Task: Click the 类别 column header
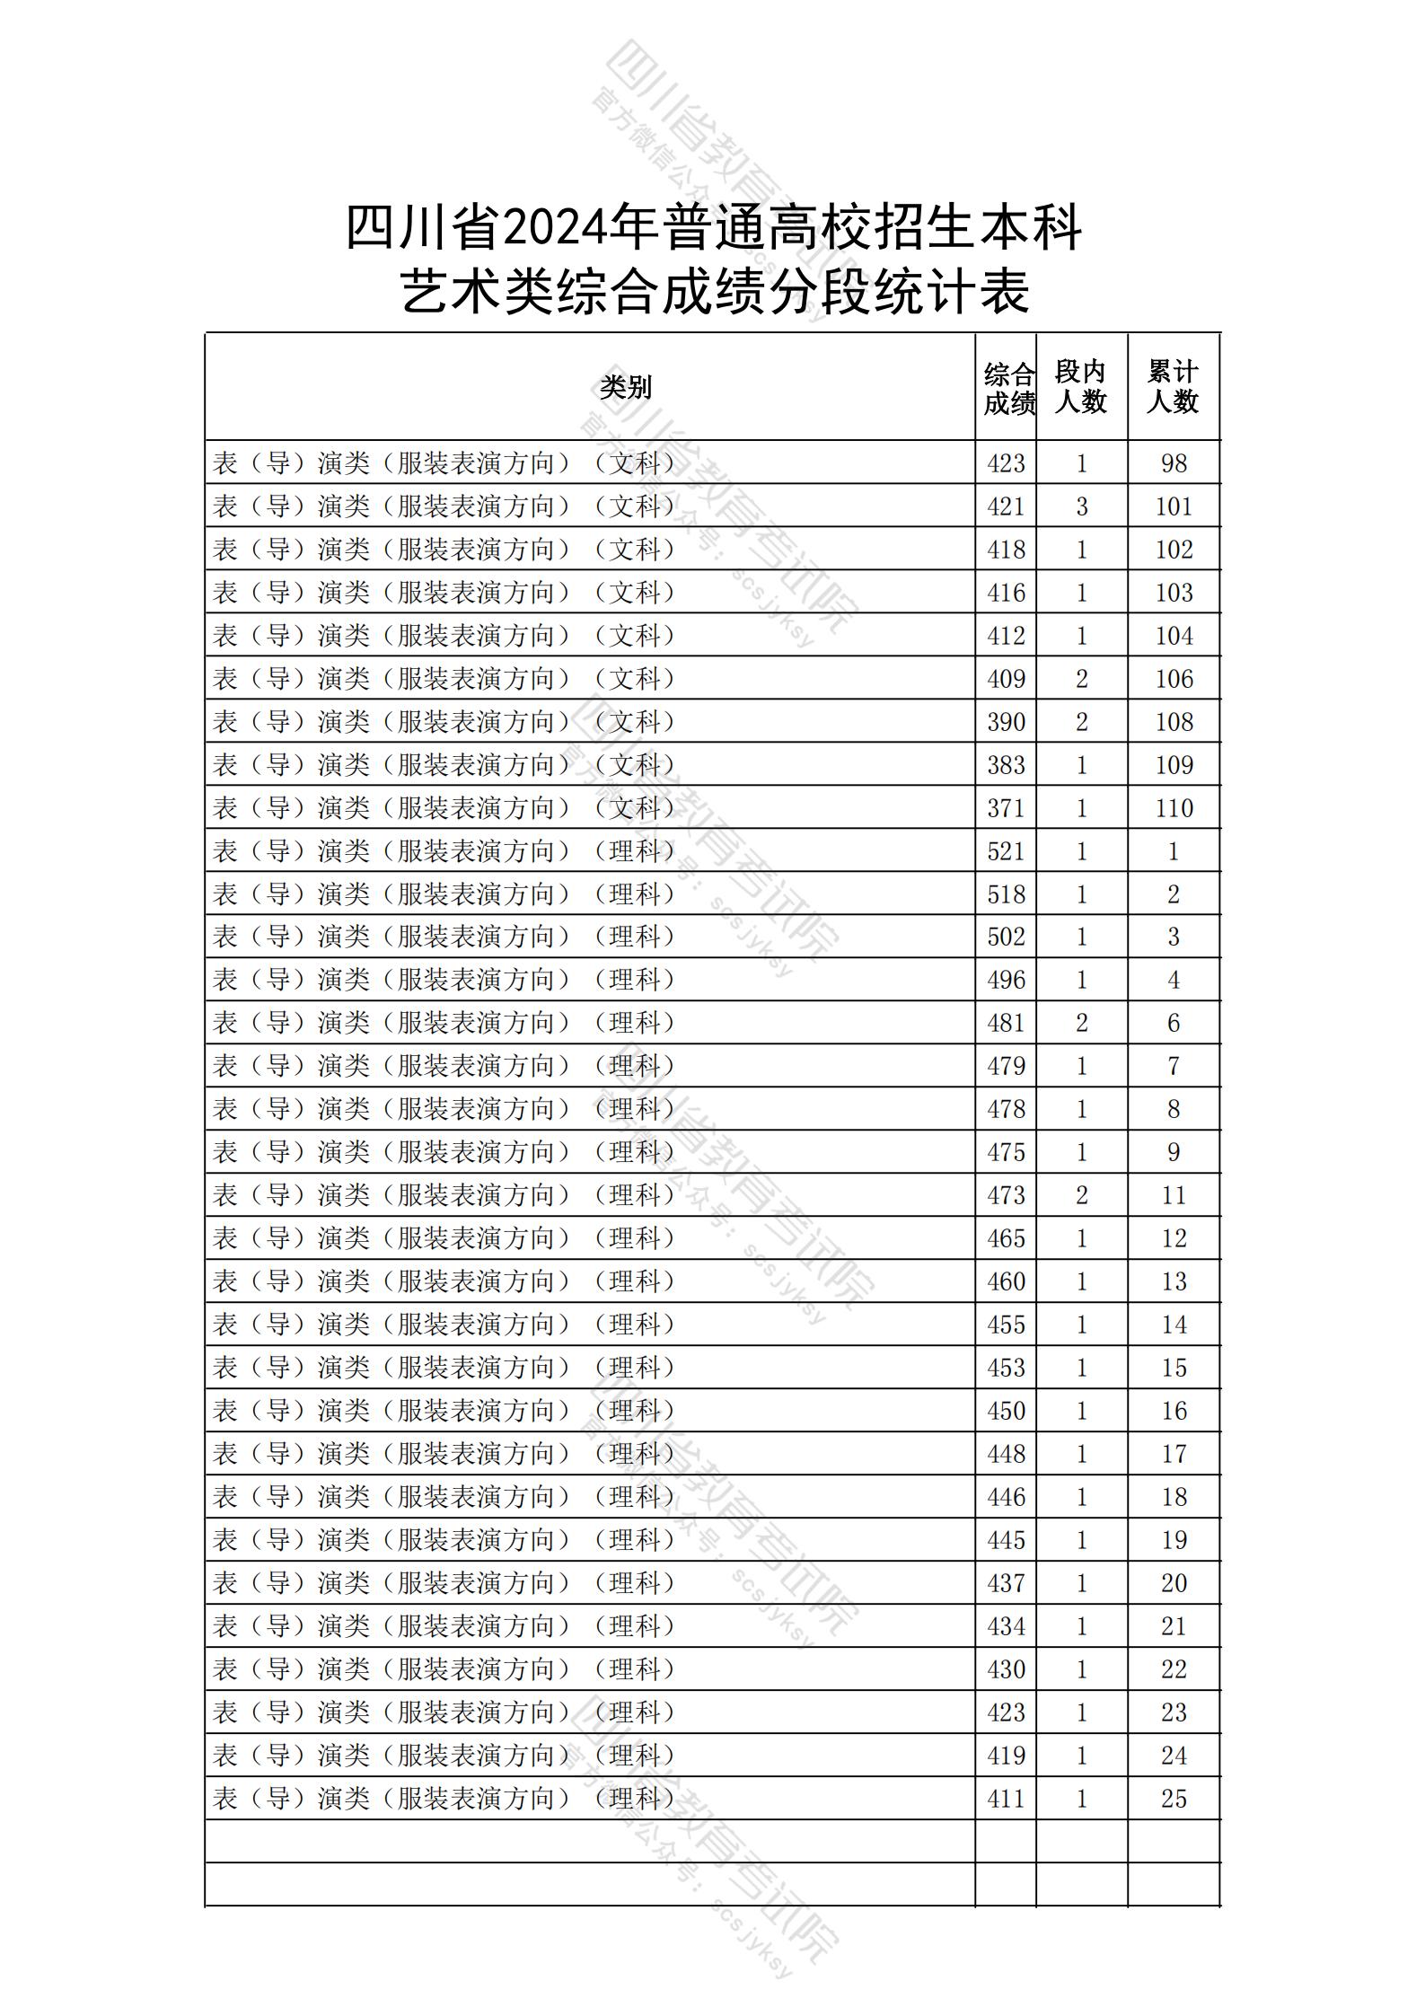coord(625,387)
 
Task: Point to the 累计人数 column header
coord(1173,387)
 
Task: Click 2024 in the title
coord(553,230)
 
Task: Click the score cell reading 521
coord(1006,850)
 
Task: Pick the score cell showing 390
coord(1006,722)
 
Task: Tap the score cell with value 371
coord(1006,808)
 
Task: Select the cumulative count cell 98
coord(1174,463)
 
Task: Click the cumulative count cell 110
coord(1174,808)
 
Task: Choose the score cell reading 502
coord(1006,937)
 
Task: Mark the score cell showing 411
coord(1006,1799)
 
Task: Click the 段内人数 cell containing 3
coord(1081,506)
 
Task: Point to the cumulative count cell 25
coord(1174,1799)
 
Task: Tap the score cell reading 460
coord(1006,1281)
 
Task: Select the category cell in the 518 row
coord(444,894)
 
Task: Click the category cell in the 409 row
coord(444,679)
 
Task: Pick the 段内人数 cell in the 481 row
coord(1081,1023)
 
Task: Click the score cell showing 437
coord(1006,1583)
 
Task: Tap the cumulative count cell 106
coord(1174,679)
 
